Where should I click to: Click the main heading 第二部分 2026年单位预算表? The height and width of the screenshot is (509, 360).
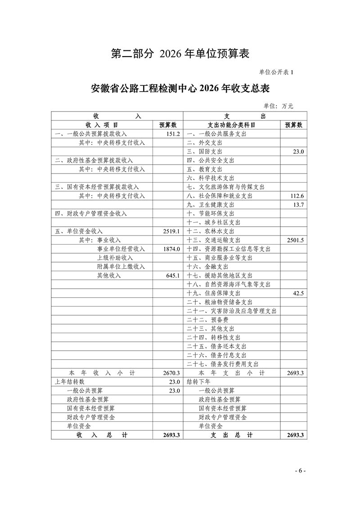click(180, 54)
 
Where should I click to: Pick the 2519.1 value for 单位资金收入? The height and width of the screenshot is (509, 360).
click(172, 231)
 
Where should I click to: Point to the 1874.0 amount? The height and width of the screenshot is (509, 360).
click(172, 249)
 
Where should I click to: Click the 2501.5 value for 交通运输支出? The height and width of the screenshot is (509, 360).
click(295, 240)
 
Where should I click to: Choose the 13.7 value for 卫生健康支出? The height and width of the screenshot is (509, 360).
click(298, 205)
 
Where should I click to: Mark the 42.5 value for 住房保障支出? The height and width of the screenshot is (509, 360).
click(298, 293)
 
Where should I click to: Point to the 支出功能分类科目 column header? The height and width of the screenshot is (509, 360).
click(231, 125)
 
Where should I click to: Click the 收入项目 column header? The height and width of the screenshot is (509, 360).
click(102, 125)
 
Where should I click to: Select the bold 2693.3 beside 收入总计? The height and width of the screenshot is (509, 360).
click(172, 435)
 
